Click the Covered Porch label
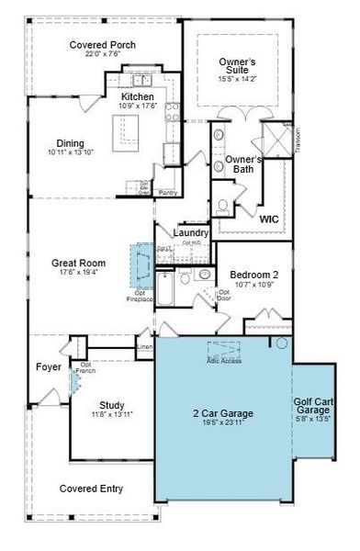point(102,44)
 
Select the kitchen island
point(126,138)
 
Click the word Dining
point(70,143)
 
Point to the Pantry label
point(167,193)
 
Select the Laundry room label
point(191,233)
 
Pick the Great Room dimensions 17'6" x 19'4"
point(78,273)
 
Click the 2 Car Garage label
point(222,413)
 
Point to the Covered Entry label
point(92,489)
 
